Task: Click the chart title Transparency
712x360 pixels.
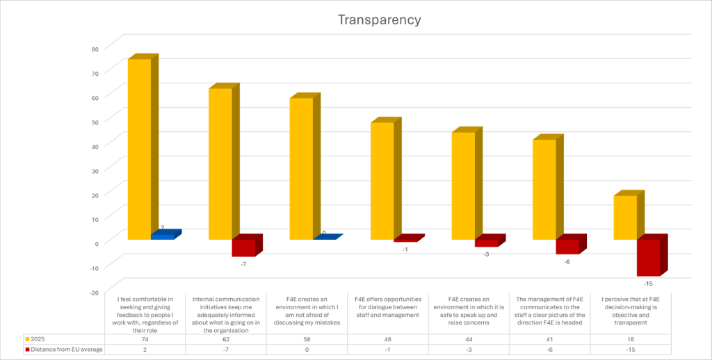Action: click(x=379, y=19)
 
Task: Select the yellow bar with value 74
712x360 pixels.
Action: click(x=139, y=149)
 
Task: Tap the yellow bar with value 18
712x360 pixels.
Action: click(x=624, y=217)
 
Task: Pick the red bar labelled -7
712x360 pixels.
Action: click(x=243, y=247)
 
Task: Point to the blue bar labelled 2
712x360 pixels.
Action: click(x=162, y=236)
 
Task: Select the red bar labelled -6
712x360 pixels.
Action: click(x=567, y=246)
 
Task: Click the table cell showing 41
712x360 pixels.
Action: click(x=551, y=338)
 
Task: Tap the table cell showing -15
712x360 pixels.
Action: click(x=631, y=349)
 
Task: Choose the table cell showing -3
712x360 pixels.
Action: click(x=469, y=349)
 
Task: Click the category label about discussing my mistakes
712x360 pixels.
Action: click(x=307, y=310)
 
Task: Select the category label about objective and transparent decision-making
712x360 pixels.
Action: click(x=631, y=310)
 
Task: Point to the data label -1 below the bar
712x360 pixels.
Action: click(x=405, y=249)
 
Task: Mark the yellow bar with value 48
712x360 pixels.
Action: click(x=382, y=181)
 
